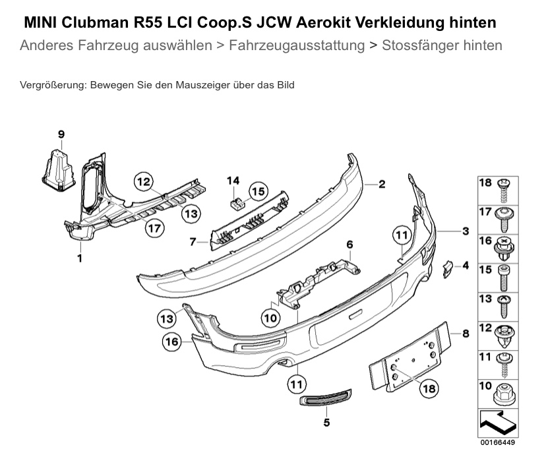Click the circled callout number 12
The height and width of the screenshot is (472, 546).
tap(144, 181)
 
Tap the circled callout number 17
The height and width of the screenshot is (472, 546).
tap(154, 229)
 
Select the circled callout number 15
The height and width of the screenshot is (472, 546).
tap(257, 192)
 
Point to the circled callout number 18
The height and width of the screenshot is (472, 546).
tap(429, 388)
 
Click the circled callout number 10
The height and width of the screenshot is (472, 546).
tap(270, 318)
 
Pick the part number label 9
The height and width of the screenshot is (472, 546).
tap(61, 134)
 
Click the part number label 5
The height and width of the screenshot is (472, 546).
tap(326, 422)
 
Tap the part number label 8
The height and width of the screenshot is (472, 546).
tap(466, 334)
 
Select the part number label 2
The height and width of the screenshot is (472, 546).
tap(381, 185)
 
